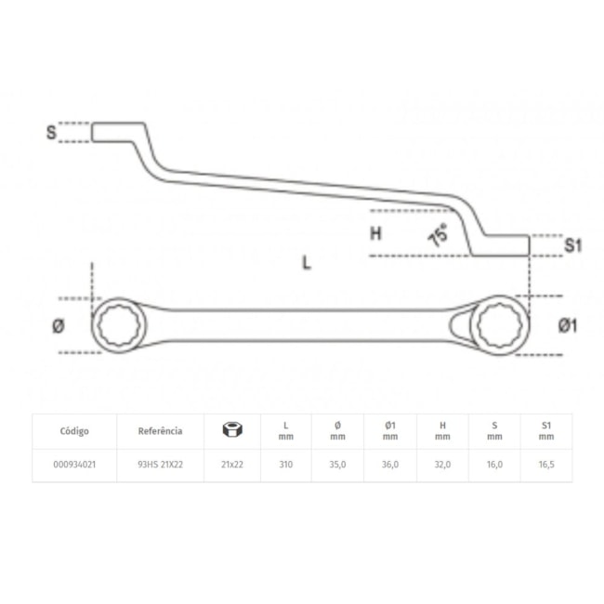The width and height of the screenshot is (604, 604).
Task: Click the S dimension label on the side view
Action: pos(52,132)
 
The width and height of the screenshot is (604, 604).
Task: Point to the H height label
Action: pos(375,234)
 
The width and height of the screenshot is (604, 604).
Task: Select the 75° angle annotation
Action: pos(437,235)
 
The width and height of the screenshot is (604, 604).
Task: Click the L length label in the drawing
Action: pos(307,262)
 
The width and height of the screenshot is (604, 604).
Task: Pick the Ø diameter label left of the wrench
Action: pos(58,325)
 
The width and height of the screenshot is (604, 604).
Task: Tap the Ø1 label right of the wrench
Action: pos(569,325)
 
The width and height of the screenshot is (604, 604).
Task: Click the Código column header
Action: pos(74,431)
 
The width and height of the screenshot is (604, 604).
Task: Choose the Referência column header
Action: pos(160,431)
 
